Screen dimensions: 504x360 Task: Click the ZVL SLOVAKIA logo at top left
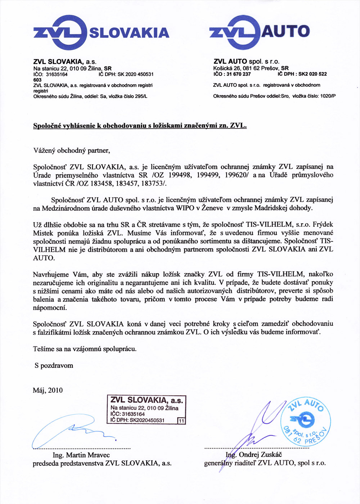coord(101,32)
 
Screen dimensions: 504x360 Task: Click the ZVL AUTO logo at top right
coord(259,32)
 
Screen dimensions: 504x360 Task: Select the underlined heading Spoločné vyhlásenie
coord(140,126)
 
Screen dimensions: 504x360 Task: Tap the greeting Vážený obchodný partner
coord(71,150)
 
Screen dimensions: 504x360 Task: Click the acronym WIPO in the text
coord(185,208)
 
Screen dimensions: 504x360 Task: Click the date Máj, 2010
coord(48,390)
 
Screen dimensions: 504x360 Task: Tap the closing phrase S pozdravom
coord(54,365)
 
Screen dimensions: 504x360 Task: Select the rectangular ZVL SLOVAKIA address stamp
coord(147,410)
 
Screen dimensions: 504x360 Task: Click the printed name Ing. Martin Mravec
coord(81,455)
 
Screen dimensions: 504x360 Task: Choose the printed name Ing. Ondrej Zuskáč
coord(254,455)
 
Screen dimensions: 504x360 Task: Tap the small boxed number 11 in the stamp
coord(181,420)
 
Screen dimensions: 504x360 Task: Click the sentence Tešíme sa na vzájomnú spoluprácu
coord(85,349)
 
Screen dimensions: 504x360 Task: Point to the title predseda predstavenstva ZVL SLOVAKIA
coord(102,463)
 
